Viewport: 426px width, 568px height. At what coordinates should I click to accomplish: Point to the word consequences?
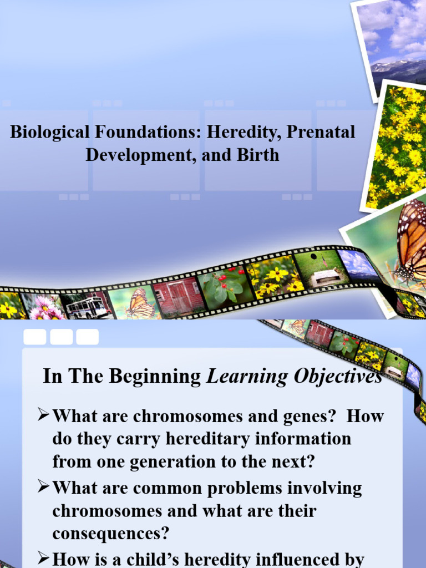pos(110,534)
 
